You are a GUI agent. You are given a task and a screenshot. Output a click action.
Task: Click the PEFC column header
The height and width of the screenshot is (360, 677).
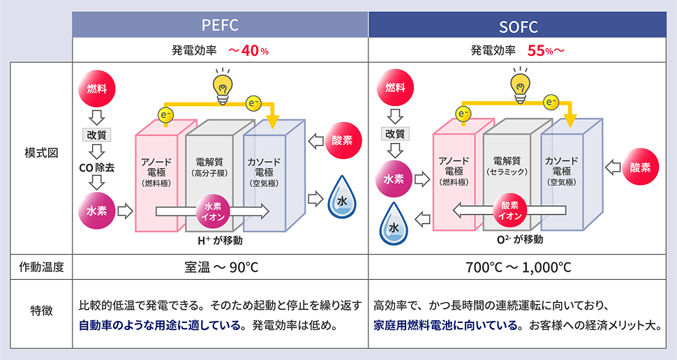[220, 26]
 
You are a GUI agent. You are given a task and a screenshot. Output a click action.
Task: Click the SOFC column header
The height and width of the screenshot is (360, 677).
[517, 27]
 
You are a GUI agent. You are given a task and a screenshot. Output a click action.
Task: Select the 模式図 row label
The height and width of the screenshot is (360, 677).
[40, 152]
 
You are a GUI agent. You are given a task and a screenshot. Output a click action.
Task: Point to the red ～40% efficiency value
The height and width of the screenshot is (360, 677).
[248, 51]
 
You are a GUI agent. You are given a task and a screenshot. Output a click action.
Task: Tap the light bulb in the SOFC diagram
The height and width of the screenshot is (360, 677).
[519, 84]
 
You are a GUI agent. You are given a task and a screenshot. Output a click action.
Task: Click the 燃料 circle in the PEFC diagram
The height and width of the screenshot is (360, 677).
[97, 89]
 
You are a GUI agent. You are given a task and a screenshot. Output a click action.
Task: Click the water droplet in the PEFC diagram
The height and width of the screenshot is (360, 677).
[341, 195]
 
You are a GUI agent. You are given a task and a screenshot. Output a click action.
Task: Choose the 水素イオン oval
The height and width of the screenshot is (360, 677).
[214, 211]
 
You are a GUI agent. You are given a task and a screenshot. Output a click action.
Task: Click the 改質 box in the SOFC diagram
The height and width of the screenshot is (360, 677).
[395, 132]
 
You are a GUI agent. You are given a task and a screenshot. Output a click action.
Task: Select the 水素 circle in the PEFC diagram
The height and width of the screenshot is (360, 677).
[96, 210]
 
